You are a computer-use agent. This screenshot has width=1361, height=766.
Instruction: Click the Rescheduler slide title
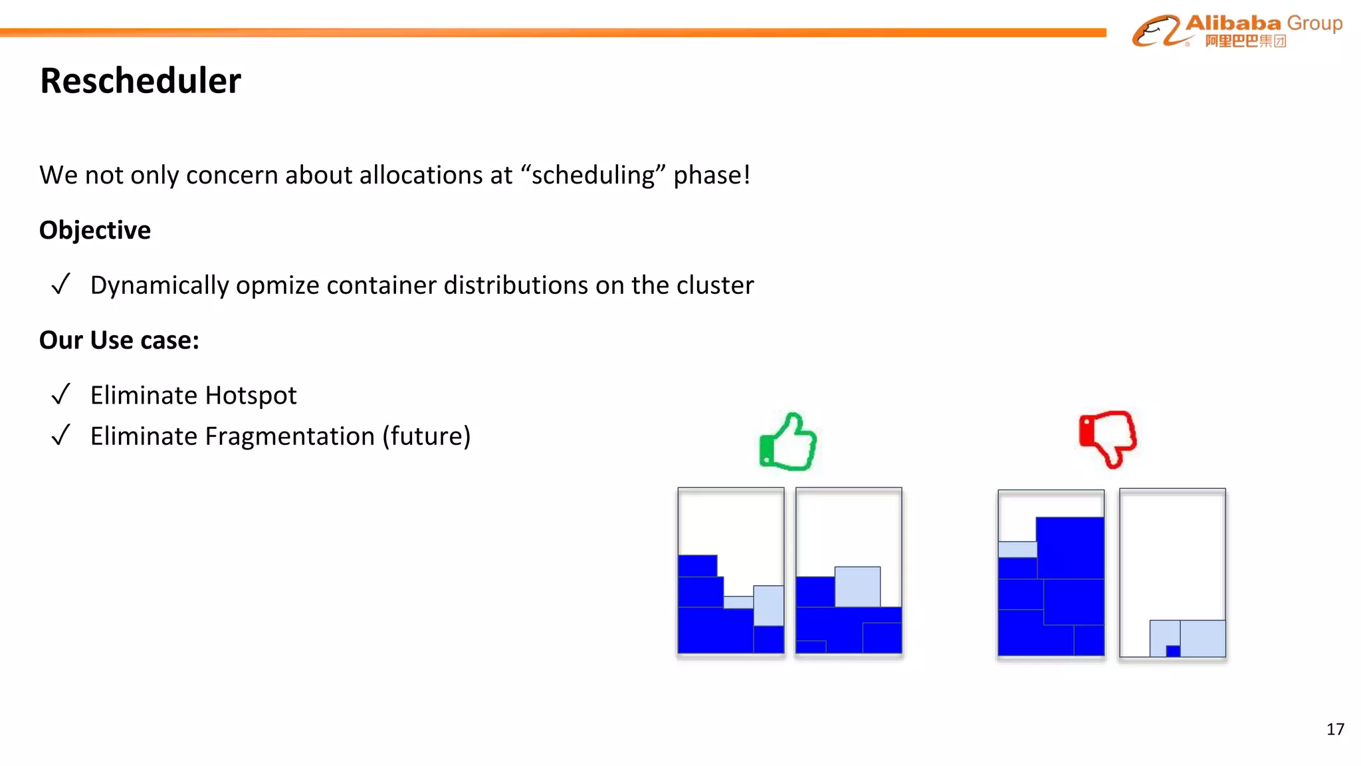140,81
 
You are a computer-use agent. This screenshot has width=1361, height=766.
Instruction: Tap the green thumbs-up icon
788,442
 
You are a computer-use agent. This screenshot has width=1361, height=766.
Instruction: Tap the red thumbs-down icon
1108,438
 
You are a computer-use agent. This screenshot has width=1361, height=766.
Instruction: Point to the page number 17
1335,729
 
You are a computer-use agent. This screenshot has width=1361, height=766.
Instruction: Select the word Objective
95,230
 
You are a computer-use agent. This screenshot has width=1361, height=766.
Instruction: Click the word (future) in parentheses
426,436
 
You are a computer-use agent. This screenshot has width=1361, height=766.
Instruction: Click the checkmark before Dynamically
60,285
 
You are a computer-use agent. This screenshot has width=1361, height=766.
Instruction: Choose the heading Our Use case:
119,340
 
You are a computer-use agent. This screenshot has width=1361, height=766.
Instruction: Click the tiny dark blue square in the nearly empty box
1173,651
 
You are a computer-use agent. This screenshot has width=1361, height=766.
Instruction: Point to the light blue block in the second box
857,586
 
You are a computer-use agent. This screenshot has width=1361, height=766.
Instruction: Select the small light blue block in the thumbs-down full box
1017,549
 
